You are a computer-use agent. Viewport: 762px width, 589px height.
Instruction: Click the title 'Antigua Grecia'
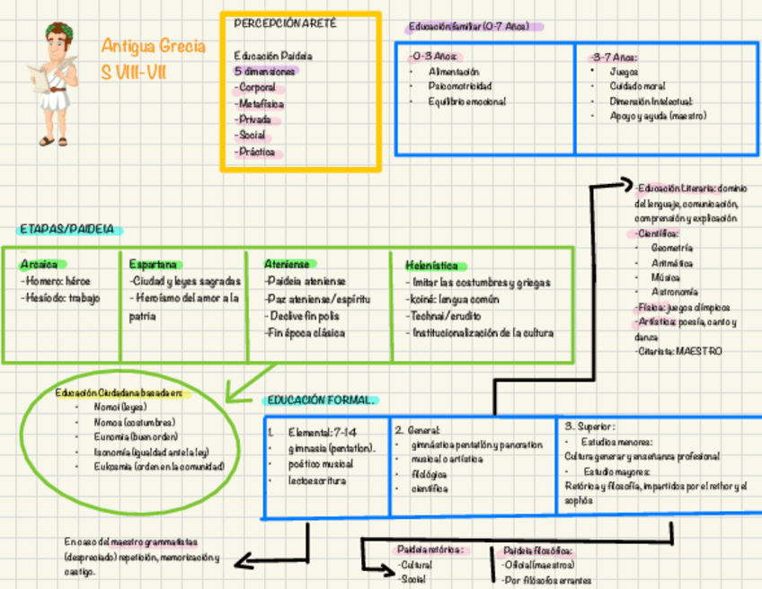coord(154,47)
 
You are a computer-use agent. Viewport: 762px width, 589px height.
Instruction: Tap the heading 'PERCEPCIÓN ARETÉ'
coord(285,23)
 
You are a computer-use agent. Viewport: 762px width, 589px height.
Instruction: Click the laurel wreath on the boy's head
coord(59,31)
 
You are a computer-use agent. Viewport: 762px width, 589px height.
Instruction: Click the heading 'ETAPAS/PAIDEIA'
coord(66,230)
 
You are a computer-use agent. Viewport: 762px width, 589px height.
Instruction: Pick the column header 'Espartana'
coord(153,264)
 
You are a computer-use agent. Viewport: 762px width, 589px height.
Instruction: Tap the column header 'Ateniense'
coord(287,264)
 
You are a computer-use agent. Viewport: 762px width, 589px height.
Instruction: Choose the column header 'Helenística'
coord(437,265)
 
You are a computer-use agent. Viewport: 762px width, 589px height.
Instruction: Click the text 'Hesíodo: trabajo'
coord(62,298)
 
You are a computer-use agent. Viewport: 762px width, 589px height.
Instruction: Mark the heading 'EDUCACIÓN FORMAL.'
coord(321,400)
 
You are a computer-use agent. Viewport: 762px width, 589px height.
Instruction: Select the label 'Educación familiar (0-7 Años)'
coord(467,27)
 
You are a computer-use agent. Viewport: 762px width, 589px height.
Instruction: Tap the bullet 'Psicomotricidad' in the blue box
coord(459,86)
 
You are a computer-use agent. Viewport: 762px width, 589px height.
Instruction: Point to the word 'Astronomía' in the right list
coord(674,293)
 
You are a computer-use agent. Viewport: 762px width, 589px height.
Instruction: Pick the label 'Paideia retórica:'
coord(430,549)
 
